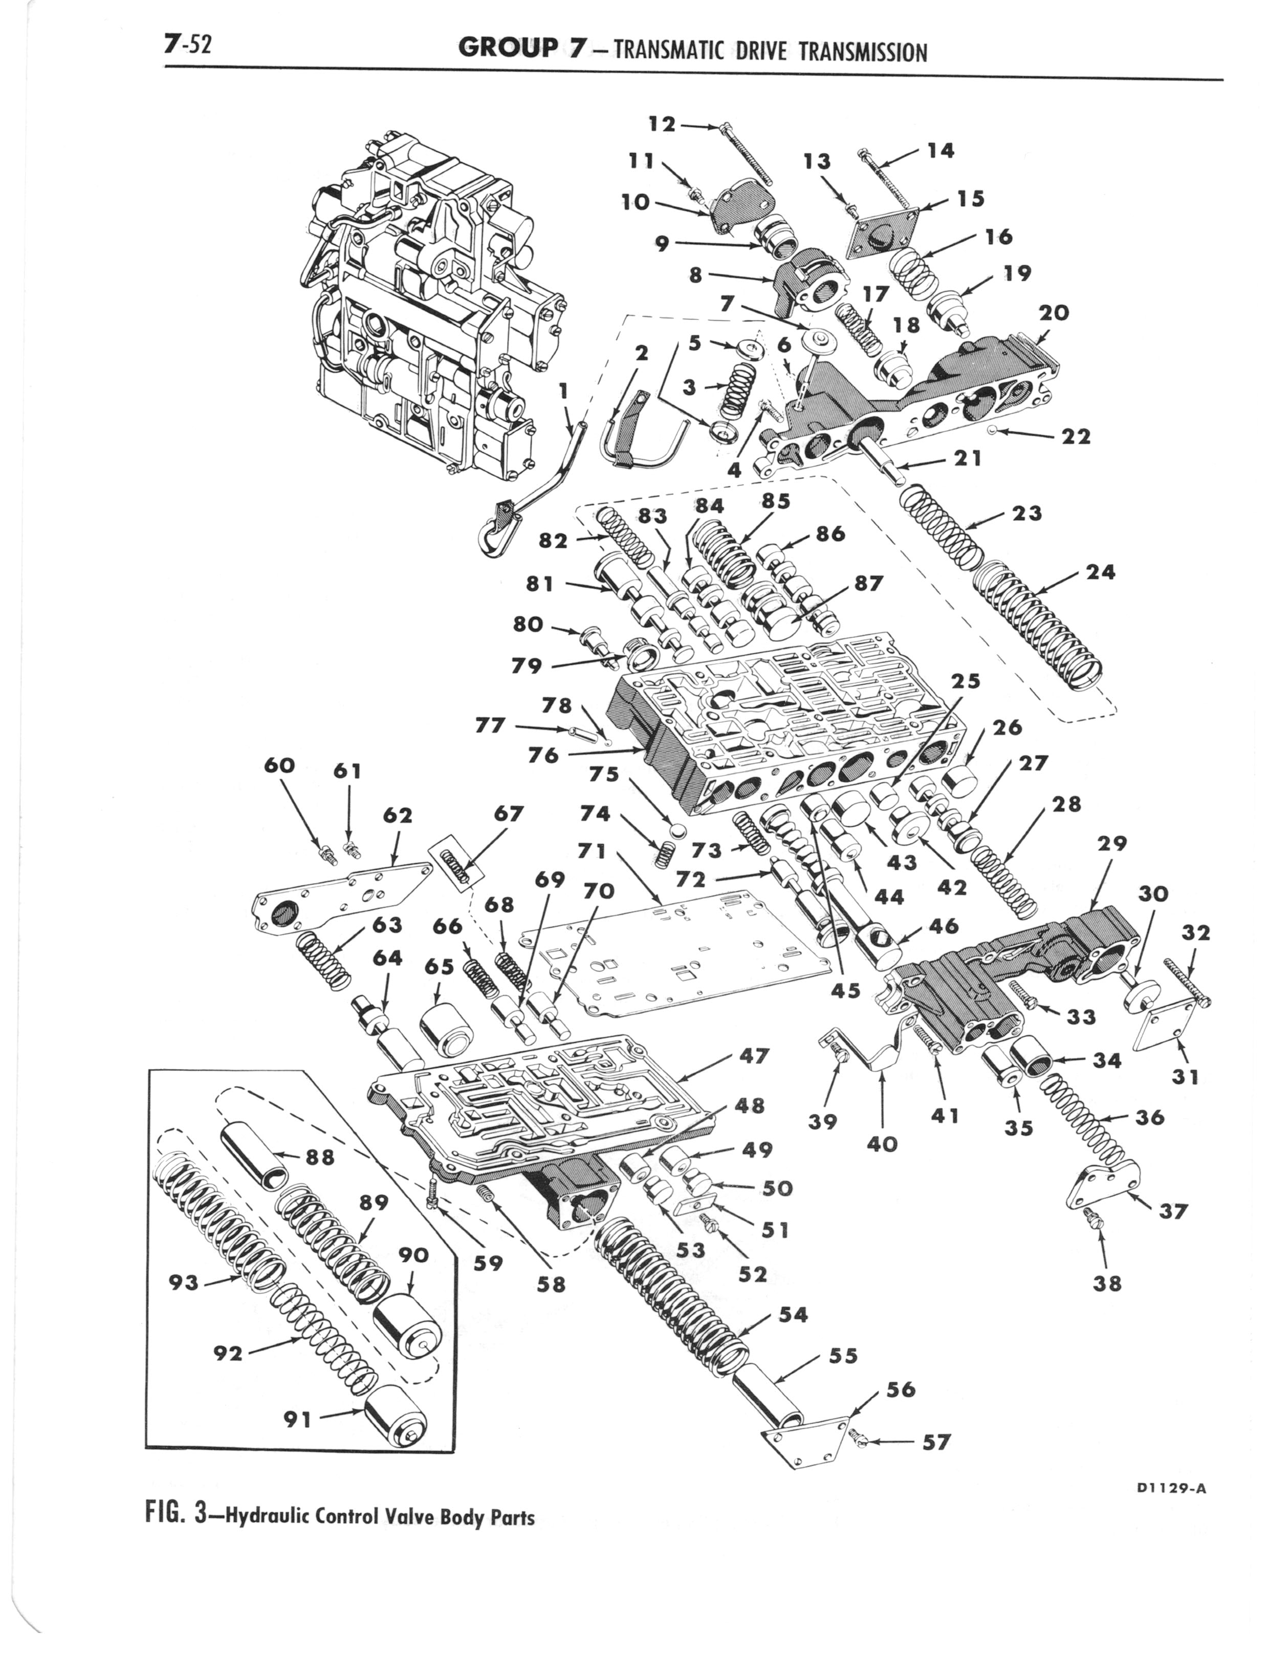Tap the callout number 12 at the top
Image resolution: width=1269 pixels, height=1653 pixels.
pos(663,123)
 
